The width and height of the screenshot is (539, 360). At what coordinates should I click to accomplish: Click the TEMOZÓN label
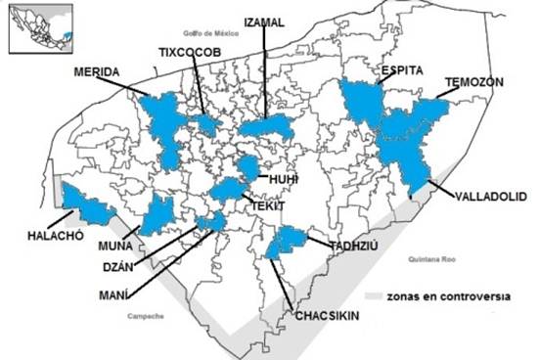click(472, 83)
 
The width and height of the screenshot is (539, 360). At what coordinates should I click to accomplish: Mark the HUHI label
click(284, 180)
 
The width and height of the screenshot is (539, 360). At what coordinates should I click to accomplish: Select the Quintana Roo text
click(423, 259)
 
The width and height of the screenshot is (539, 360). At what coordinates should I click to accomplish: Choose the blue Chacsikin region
click(286, 241)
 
